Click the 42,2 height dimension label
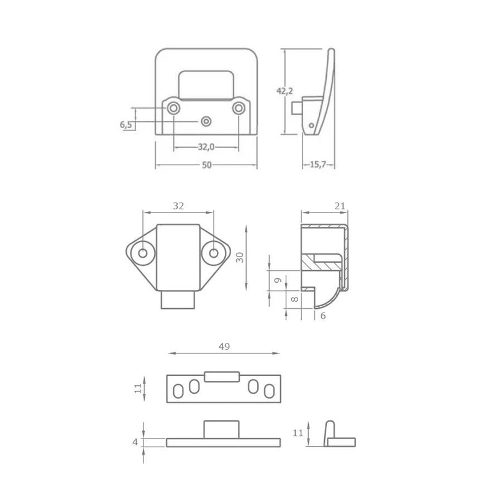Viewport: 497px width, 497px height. (x=285, y=91)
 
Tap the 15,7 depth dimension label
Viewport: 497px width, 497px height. (x=319, y=164)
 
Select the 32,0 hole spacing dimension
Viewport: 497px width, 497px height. (x=206, y=147)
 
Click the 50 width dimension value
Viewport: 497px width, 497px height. (x=206, y=165)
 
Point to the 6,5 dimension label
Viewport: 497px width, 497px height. (x=126, y=125)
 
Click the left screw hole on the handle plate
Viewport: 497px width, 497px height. (x=173, y=109)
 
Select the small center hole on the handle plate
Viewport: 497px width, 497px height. (x=206, y=120)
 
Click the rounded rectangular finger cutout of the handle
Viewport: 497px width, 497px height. (x=206, y=84)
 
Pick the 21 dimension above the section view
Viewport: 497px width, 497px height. (x=339, y=206)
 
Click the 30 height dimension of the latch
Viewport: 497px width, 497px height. (x=239, y=257)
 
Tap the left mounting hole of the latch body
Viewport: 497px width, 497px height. (x=144, y=253)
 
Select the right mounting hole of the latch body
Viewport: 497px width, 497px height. (x=214, y=253)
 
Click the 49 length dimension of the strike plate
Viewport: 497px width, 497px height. (x=224, y=347)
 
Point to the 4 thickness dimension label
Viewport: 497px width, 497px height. (x=135, y=442)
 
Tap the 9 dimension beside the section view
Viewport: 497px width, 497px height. (x=278, y=280)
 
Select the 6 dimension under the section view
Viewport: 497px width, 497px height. (x=323, y=316)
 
